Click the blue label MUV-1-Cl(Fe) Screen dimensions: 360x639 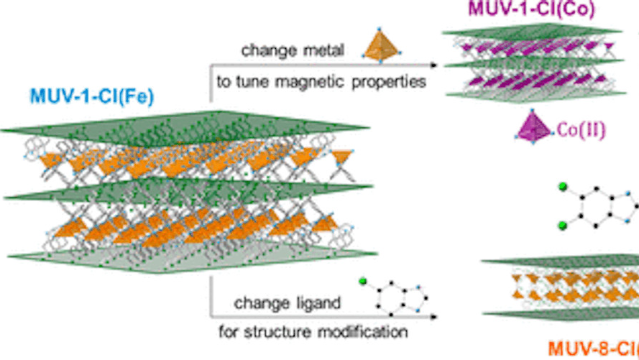coord(91,96)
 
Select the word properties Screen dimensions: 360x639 coord(393,81)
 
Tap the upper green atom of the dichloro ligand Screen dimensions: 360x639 coord(561,189)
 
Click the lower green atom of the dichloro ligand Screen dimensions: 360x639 coord(561,226)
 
